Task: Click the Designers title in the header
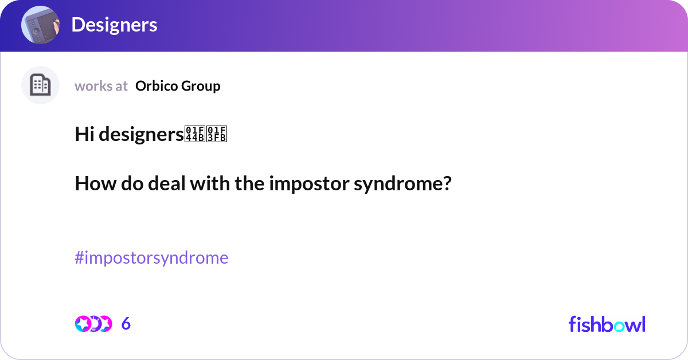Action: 114,25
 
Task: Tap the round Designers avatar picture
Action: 40,25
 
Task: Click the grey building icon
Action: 40,85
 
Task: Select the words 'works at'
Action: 101,86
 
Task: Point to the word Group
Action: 201,86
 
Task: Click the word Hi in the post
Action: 84,134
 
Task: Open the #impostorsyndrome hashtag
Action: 151,258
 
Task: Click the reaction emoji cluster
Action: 93,324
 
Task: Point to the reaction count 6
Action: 126,324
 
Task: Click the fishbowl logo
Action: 607,324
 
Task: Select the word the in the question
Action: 248,184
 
